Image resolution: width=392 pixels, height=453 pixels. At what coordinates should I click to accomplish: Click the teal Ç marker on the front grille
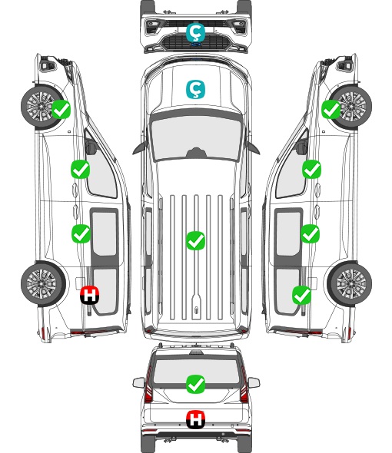(x=195, y=32)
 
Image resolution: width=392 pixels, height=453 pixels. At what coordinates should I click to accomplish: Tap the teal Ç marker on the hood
(x=195, y=89)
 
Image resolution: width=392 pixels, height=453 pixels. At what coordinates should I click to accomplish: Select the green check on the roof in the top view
(x=195, y=240)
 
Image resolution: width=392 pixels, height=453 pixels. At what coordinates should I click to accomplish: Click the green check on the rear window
(x=195, y=384)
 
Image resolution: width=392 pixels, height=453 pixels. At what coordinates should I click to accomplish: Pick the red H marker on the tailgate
(x=195, y=419)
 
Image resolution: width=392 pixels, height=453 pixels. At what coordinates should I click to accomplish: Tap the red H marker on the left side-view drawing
(x=90, y=295)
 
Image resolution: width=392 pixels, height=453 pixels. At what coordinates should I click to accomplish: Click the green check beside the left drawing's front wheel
(x=61, y=109)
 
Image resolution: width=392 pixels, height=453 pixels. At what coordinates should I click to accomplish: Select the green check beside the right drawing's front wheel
(x=331, y=109)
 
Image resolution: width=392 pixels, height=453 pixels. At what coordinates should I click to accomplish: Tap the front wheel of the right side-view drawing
(x=350, y=106)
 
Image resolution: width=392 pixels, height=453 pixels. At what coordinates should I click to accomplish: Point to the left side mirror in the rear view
(x=138, y=382)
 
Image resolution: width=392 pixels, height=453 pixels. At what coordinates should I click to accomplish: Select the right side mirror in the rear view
(x=254, y=382)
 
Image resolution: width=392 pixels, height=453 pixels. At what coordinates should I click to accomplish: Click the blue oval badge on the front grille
(x=196, y=45)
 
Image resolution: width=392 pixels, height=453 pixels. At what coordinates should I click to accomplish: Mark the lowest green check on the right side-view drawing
(x=302, y=295)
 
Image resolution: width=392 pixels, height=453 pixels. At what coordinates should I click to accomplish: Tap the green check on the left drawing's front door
(x=81, y=169)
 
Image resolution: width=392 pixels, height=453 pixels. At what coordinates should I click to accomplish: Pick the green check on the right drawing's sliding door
(x=310, y=233)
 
